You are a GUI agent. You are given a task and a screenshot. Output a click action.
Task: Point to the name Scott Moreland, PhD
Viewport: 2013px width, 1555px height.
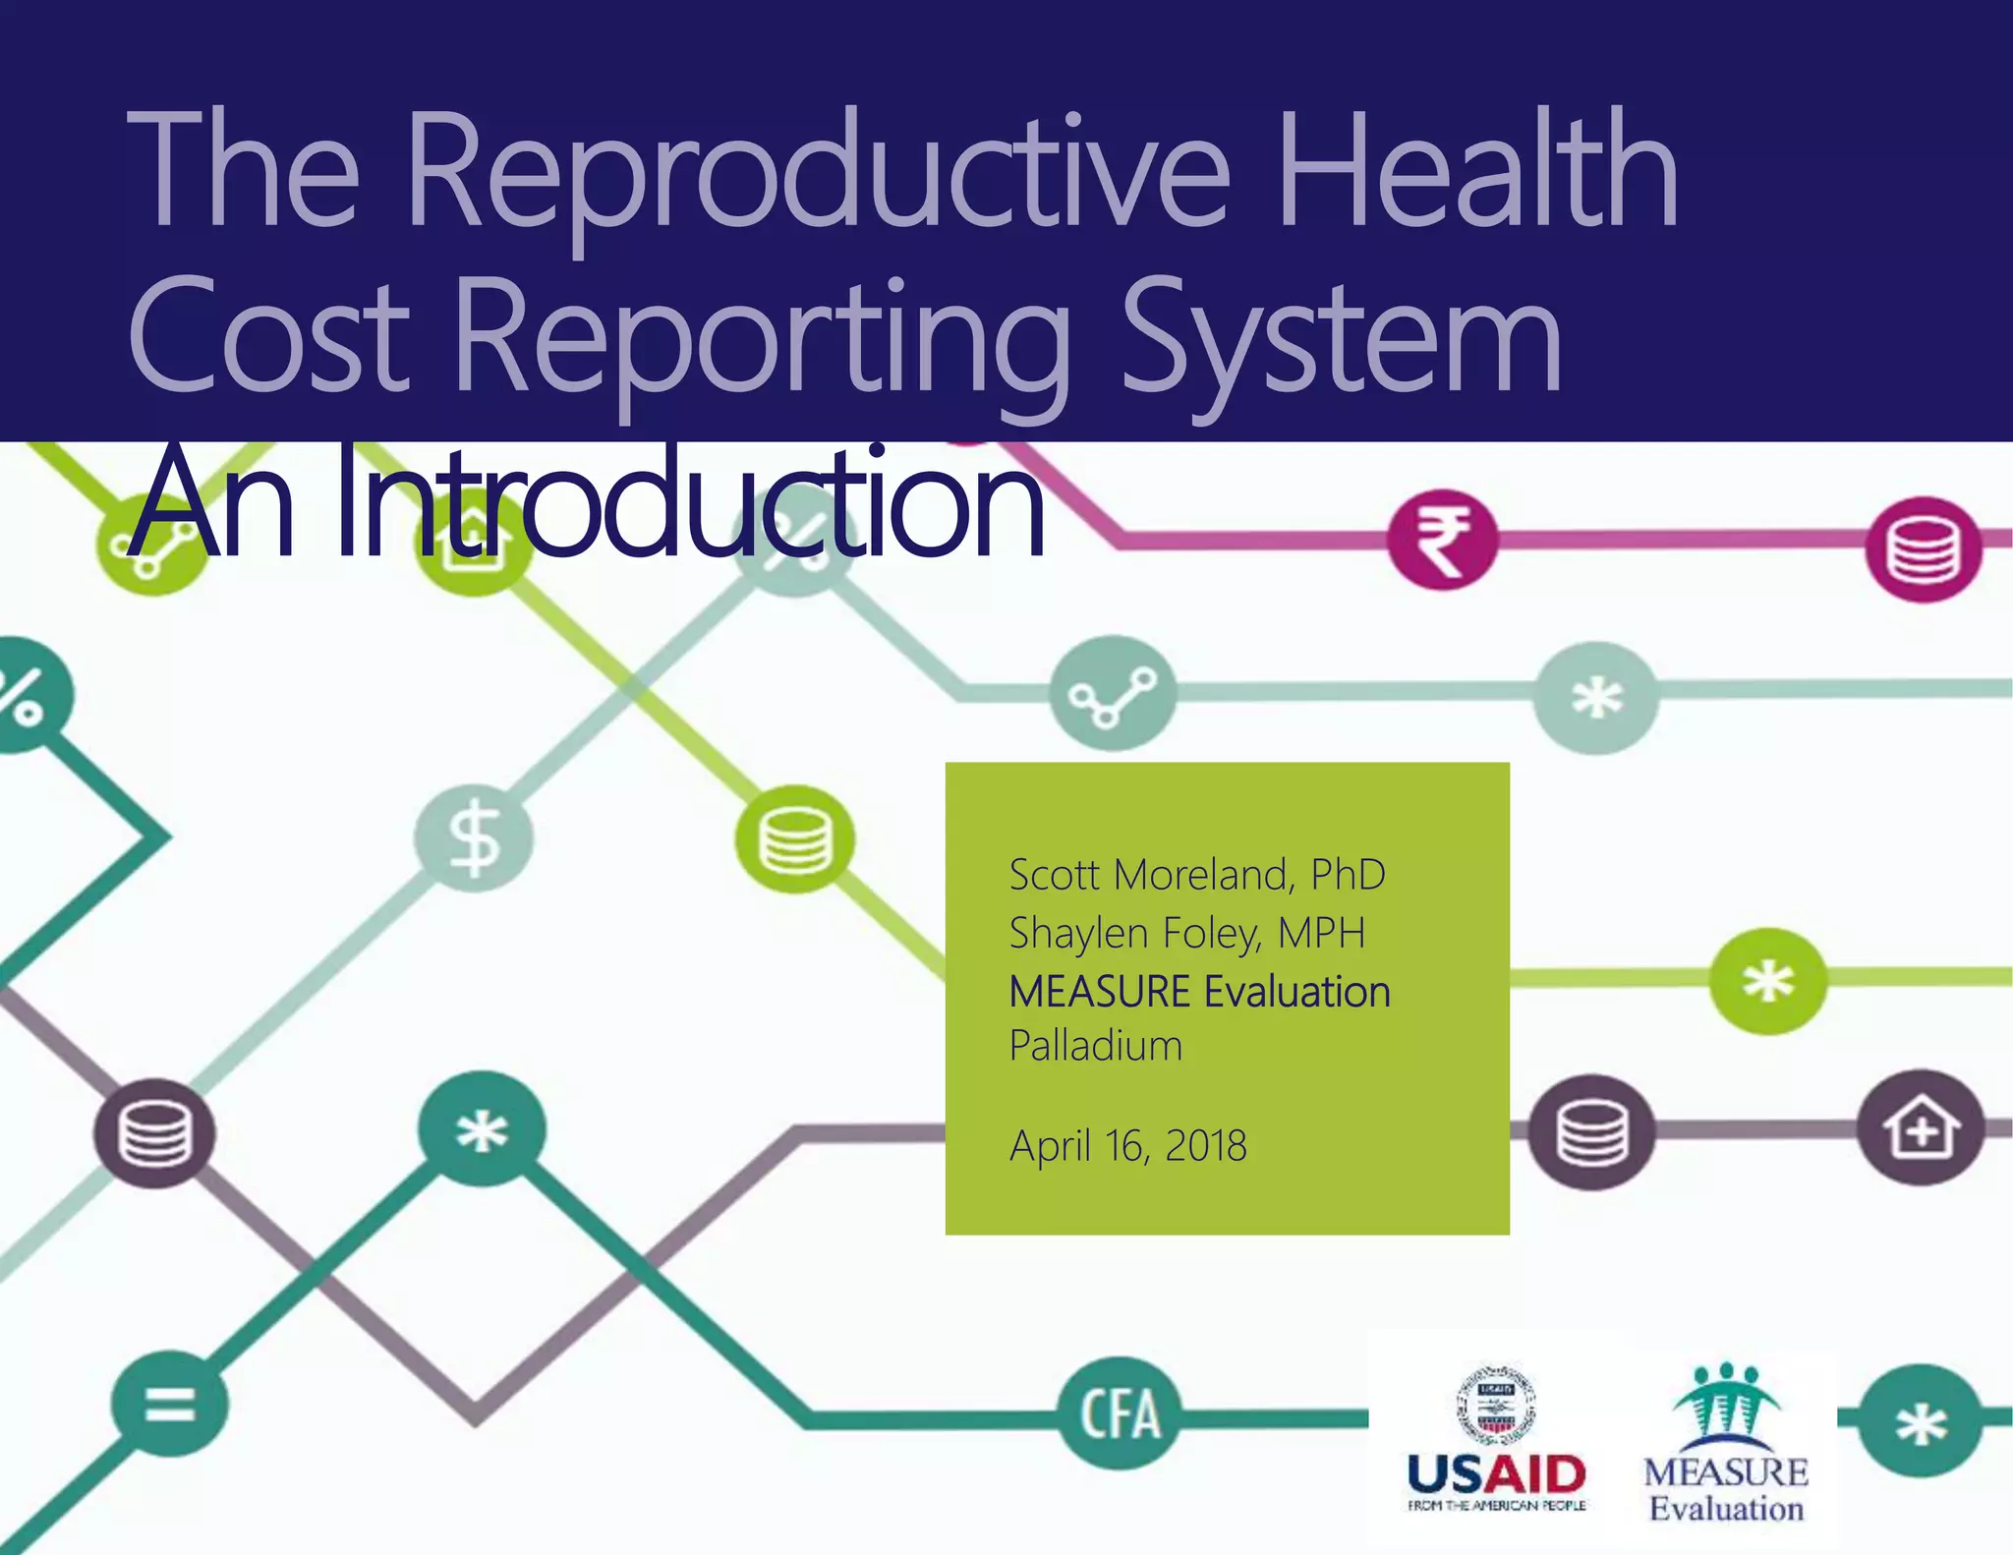click(1196, 874)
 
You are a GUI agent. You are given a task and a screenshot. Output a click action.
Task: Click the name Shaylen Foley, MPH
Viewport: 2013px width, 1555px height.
click(1186, 933)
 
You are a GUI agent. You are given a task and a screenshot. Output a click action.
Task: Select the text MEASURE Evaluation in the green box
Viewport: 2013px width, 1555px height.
click(1199, 991)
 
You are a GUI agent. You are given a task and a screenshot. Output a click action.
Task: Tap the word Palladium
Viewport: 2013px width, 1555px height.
click(1095, 1046)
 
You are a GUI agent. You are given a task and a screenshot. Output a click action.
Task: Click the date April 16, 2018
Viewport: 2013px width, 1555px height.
click(1127, 1145)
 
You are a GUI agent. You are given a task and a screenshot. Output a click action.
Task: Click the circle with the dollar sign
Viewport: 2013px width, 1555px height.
click(474, 838)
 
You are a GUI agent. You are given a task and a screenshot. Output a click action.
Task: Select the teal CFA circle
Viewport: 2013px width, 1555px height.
click(1120, 1414)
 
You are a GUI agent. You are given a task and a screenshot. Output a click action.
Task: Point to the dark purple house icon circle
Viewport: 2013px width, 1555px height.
click(1920, 1127)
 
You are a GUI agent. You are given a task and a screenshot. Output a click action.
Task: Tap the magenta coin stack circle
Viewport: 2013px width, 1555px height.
click(1923, 548)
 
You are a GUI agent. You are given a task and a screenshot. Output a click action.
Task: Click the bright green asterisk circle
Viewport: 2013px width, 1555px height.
click(1767, 981)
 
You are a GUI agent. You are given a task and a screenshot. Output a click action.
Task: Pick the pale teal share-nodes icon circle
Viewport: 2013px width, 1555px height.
click(1112, 694)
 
